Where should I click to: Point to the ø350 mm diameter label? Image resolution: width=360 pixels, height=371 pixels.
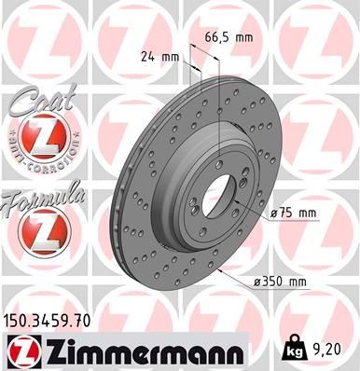coord(282,281)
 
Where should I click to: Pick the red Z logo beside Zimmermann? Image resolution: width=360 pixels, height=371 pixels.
coord(21,351)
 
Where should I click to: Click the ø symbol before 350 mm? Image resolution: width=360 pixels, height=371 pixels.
coord(256,281)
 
